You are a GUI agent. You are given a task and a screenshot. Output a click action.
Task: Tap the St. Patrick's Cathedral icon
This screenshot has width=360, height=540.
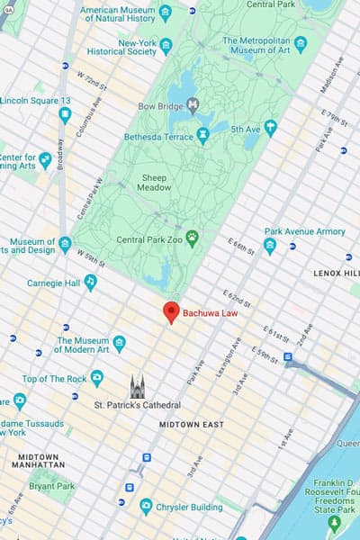pos(138,388)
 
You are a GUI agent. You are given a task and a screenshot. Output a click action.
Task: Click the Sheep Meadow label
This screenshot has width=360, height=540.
pos(154,184)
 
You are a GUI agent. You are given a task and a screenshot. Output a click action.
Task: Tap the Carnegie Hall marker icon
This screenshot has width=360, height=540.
pos(90,283)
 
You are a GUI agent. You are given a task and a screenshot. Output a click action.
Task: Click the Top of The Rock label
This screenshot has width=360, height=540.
pos(53,379)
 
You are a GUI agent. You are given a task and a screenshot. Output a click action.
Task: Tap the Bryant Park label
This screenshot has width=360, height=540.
pos(51,487)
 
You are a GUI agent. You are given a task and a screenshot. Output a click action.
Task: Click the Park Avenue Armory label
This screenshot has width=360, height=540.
pos(305,231)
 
